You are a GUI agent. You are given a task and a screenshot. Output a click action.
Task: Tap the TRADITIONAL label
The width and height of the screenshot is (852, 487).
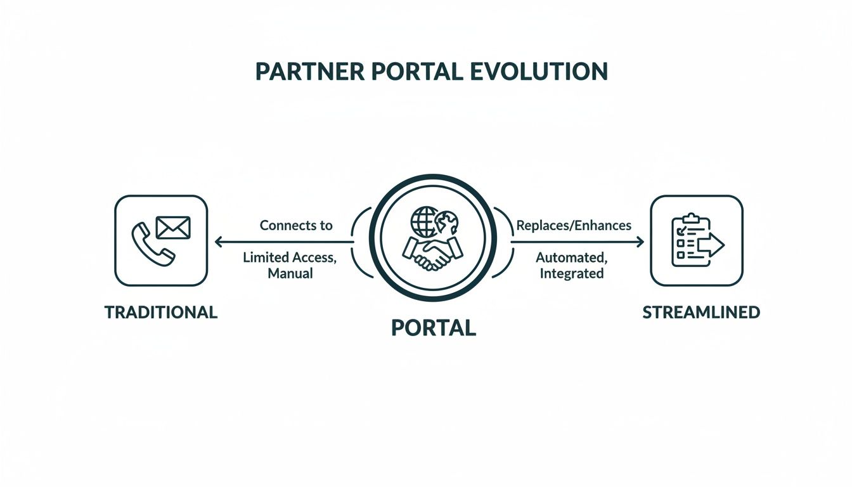161,312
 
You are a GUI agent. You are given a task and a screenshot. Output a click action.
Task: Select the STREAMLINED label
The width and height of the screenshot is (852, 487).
701,313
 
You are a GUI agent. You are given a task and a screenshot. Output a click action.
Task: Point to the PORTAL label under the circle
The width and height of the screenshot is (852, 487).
433,327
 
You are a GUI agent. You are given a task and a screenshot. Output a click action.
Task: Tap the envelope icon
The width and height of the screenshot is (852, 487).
173,226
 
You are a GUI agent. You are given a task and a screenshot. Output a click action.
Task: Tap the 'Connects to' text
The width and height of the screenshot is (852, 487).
296,225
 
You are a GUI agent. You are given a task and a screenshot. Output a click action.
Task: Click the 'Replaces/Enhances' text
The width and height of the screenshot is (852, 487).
574,225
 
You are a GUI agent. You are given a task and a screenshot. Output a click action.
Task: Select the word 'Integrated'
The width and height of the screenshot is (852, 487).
571,274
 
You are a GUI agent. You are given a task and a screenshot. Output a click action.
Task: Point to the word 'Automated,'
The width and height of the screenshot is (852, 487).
570,257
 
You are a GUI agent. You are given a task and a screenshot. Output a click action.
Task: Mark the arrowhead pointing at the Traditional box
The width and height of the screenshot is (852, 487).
219,242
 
